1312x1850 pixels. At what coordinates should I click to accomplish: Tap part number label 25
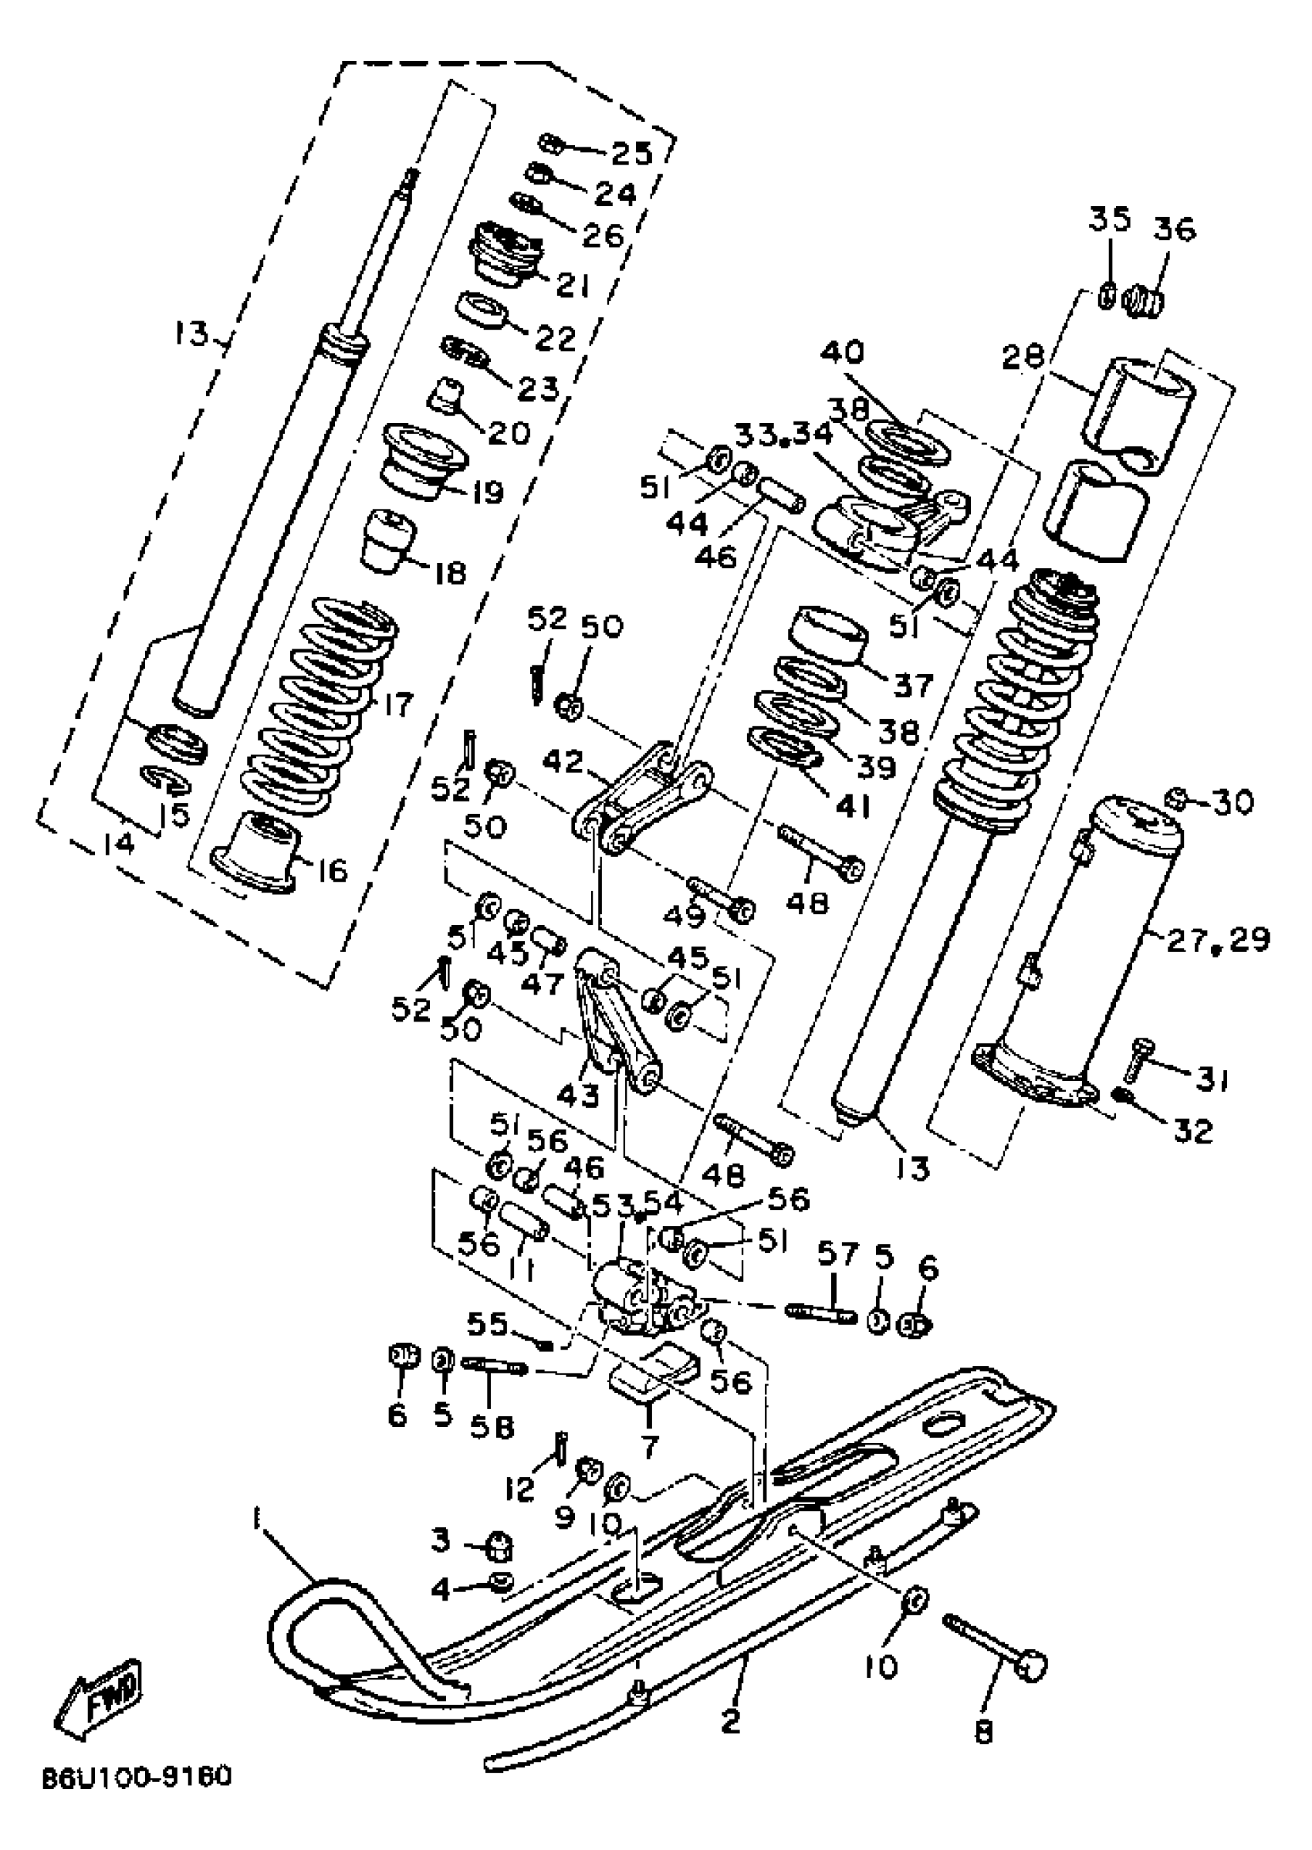(x=631, y=152)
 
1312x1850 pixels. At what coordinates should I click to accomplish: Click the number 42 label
(x=564, y=761)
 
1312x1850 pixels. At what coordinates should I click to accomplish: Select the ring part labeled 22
(x=482, y=310)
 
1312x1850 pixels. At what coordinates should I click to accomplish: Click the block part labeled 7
(x=654, y=1371)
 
